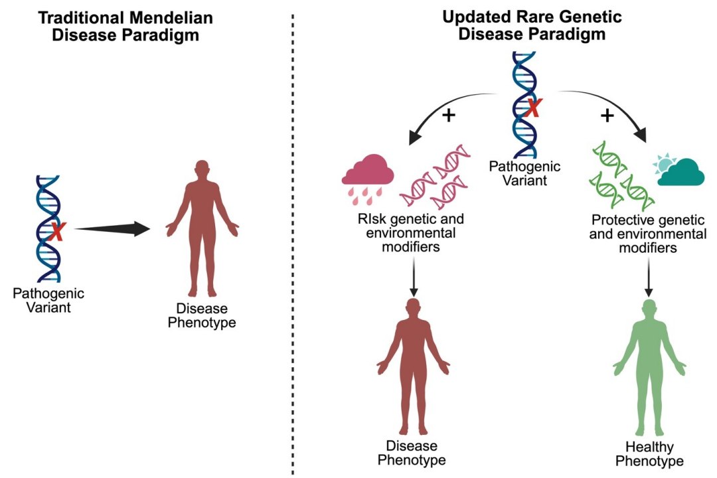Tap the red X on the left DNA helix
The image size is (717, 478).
58,232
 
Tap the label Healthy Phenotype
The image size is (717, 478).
649,453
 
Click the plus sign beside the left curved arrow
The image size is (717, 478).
449,115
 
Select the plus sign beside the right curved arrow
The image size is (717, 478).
607,116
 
